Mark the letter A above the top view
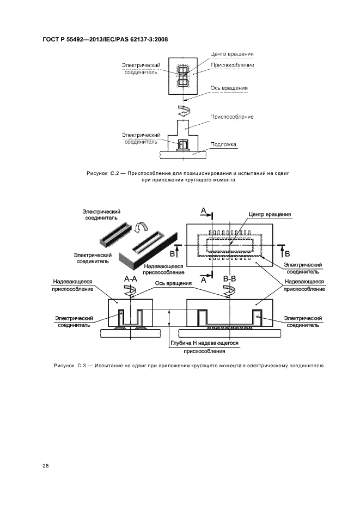203,210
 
